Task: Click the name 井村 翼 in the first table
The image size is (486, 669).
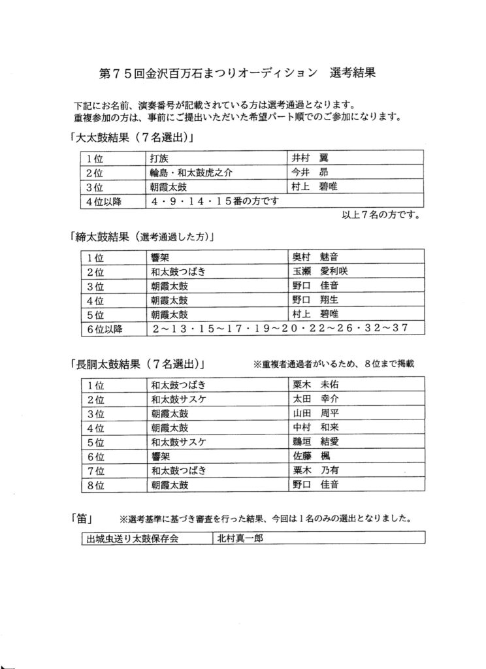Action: (310, 158)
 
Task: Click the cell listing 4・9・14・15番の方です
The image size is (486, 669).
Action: (215, 201)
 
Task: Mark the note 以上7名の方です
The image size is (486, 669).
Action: (380, 214)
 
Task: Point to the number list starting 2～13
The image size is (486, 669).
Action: (280, 328)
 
